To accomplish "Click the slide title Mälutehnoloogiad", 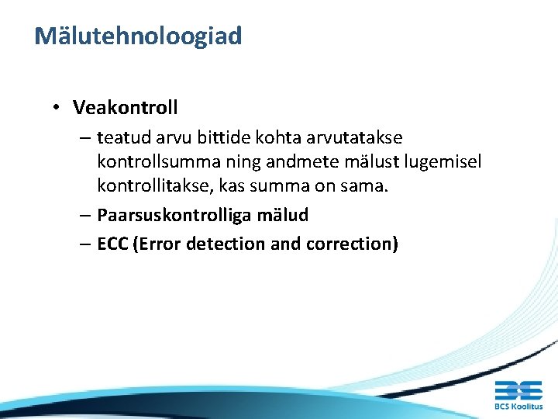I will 138,36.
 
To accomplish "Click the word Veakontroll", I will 126,106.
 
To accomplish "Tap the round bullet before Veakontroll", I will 59,106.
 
